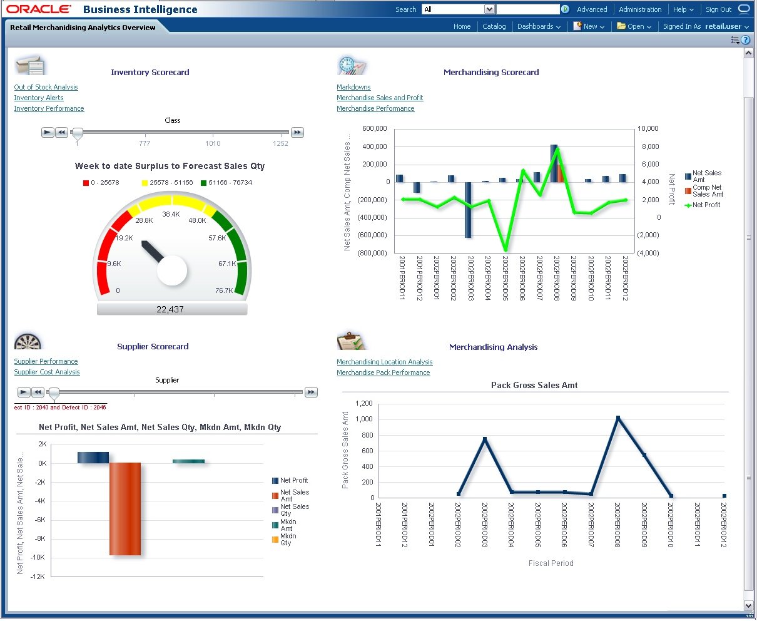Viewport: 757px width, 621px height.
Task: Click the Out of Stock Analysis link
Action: tap(46, 87)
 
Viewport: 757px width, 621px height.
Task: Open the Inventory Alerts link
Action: tap(39, 98)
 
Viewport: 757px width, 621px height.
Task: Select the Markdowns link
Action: tap(353, 87)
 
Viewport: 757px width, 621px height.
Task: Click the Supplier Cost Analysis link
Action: tap(47, 372)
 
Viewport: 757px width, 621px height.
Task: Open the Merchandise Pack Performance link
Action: tap(383, 372)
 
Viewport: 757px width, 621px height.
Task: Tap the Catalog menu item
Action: tap(494, 26)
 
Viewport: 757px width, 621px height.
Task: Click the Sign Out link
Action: tap(718, 9)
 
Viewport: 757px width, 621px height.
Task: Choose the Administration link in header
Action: tap(639, 9)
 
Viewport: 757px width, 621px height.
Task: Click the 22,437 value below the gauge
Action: tap(170, 309)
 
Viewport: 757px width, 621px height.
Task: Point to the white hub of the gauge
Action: tap(172, 270)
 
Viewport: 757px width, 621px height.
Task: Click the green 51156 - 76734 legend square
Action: tap(204, 183)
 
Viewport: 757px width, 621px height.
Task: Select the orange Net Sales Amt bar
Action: tap(125, 508)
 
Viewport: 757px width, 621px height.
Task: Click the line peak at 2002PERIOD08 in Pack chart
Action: tap(617, 418)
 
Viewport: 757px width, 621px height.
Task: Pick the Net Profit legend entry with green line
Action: tap(706, 205)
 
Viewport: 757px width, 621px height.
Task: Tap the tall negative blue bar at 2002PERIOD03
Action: tap(468, 210)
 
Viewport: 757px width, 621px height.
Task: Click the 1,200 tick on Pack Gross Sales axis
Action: tap(363, 404)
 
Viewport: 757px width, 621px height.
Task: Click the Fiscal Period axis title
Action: tap(551, 563)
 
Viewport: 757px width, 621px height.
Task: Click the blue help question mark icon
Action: tap(745, 40)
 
